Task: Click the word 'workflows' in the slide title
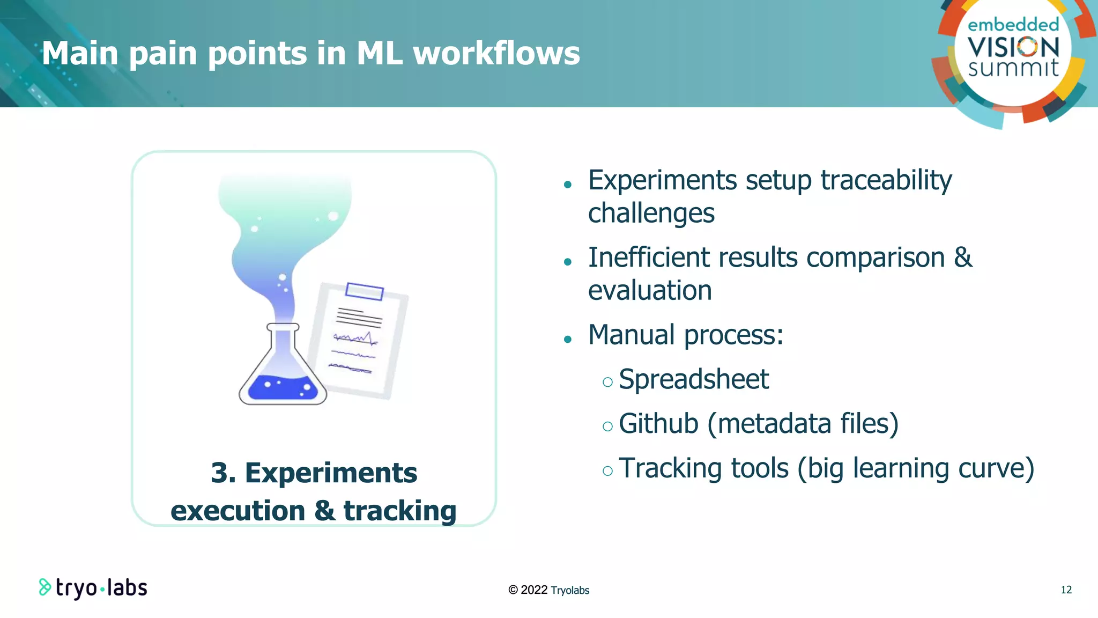coord(496,54)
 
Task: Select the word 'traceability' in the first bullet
coord(886,180)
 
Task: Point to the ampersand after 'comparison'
coord(963,257)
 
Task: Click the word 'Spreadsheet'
coord(693,380)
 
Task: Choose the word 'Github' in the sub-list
coord(658,424)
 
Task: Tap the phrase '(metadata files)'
coord(803,424)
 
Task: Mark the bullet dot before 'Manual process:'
coord(568,339)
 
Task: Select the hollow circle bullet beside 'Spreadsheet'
coord(607,382)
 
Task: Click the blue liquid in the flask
coord(283,388)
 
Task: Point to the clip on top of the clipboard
coord(365,291)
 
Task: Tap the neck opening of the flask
coord(283,327)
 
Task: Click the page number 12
coord(1066,590)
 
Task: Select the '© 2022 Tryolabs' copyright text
coord(548,590)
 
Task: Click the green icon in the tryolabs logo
coord(44,587)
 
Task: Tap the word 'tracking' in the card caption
coord(399,511)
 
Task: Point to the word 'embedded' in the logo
coord(1013,25)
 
